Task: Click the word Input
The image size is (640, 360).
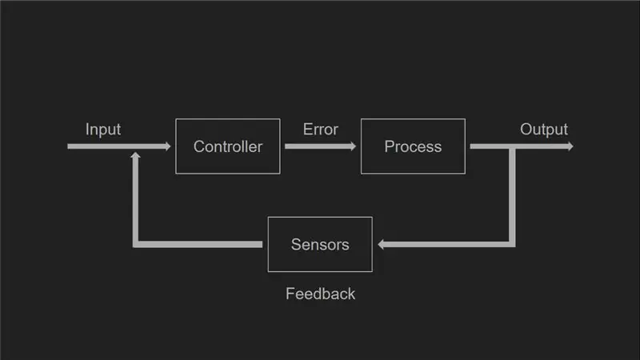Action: coord(103,130)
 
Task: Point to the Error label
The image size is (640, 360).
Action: coord(321,130)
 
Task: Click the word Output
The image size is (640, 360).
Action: coord(544,130)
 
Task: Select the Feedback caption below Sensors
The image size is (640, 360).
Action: coord(321,294)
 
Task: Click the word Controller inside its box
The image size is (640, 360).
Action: coord(228,146)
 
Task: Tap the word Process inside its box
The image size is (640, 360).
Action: coord(413,146)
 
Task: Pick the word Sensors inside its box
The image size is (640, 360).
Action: coord(320,245)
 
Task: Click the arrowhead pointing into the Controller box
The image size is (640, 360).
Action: coord(168,146)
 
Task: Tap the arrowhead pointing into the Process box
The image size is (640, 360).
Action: coord(353,146)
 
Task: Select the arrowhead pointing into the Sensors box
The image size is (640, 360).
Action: coord(382,244)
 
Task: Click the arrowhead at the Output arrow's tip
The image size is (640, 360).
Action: coord(570,146)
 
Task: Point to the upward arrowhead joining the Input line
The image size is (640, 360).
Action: coord(135,155)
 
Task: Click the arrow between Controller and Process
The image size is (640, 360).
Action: coord(321,146)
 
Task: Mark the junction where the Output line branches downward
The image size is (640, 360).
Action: coord(512,146)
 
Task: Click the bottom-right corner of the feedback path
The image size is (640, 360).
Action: coord(512,244)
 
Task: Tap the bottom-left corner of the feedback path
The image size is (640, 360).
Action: coord(135,244)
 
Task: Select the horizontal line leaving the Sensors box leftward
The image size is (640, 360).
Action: coord(199,244)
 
